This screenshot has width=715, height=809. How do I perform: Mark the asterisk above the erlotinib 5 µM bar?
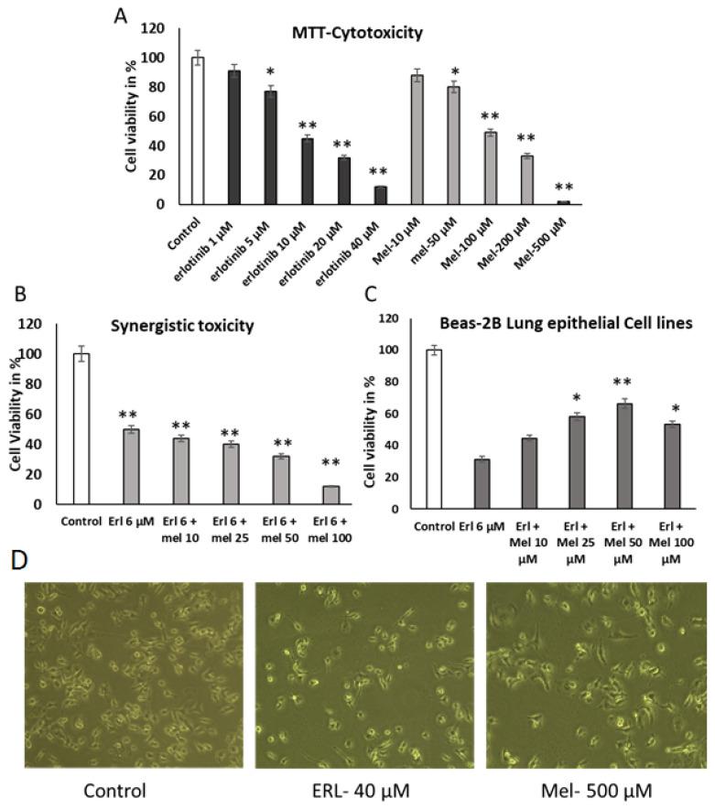[245, 71]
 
